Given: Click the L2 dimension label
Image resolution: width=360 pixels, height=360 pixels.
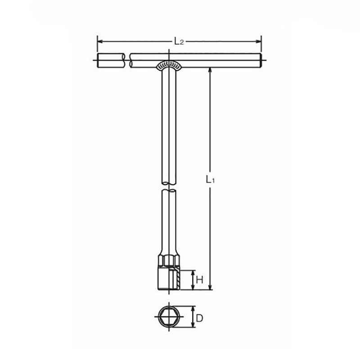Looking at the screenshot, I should pyautogui.click(x=179, y=42).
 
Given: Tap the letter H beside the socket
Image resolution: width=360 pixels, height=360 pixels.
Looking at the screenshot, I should pyautogui.click(x=200, y=280).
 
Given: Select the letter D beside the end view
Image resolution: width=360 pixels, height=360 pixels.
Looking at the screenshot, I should pyautogui.click(x=200, y=319).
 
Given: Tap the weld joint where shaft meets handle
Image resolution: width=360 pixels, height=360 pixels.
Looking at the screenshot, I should pyautogui.click(x=168, y=66).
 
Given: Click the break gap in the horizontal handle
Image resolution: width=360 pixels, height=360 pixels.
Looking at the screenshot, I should pyautogui.click(x=127, y=61).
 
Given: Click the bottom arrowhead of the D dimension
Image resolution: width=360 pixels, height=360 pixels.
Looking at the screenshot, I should pyautogui.click(x=193, y=328).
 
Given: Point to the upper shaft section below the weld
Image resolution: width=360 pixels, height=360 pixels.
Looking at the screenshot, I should pyautogui.click(x=168, y=121).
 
